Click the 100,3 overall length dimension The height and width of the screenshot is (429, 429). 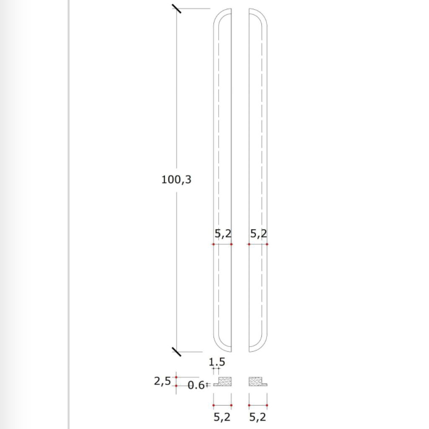click(x=176, y=180)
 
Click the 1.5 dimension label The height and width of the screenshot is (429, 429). click(x=217, y=361)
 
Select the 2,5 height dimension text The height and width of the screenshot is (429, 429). click(x=162, y=381)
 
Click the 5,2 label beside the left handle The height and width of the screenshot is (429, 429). click(x=222, y=234)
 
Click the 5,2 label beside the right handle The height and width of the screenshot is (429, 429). click(x=258, y=234)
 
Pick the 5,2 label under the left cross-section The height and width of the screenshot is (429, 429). click(x=222, y=417)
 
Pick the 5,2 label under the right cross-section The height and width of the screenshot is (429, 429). click(x=258, y=417)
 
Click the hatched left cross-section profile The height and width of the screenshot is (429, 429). click(x=225, y=381)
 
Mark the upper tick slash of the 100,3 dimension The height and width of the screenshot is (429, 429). click(x=176, y=8)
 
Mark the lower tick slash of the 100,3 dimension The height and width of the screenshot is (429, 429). click(x=176, y=351)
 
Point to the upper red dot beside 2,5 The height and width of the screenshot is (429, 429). click(x=176, y=377)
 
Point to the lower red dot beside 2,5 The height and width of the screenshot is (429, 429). click(x=176, y=385)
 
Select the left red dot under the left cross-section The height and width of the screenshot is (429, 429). click(x=213, y=405)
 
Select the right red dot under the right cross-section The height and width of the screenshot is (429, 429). click(x=267, y=405)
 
